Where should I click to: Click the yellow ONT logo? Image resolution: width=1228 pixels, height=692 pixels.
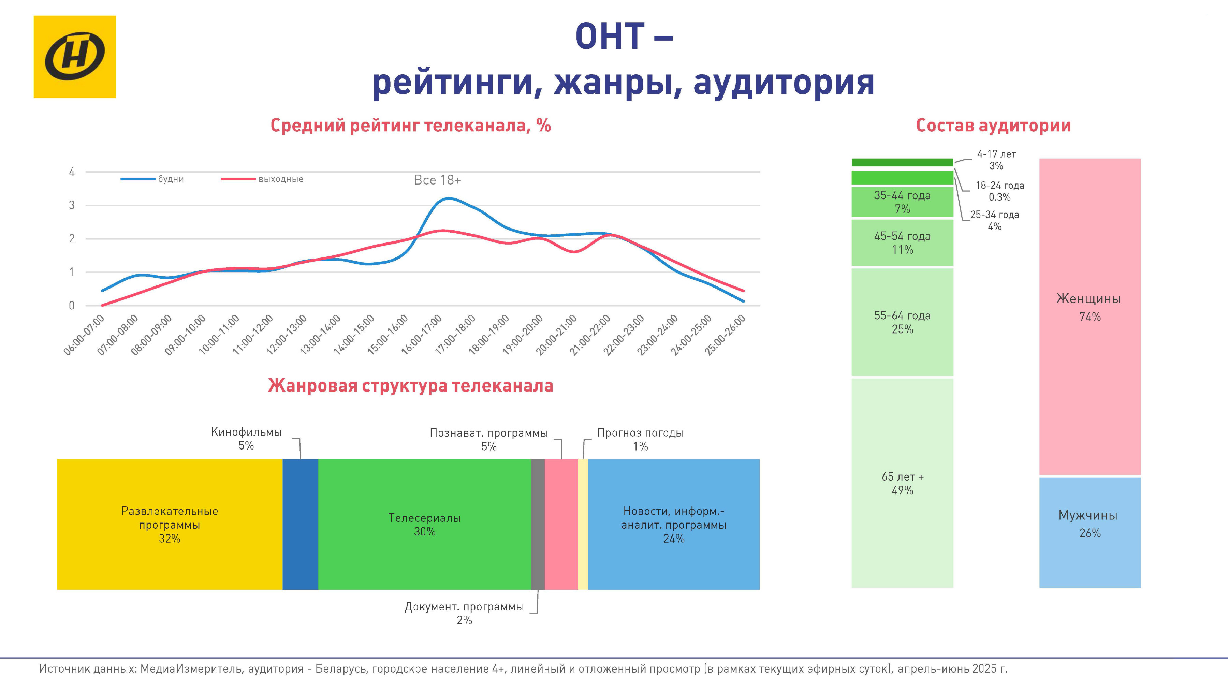tap(75, 57)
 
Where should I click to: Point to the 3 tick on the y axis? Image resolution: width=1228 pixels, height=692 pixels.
tap(72, 205)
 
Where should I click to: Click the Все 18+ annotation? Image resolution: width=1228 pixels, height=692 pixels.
tap(437, 180)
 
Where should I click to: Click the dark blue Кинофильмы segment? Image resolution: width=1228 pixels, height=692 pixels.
tap(300, 524)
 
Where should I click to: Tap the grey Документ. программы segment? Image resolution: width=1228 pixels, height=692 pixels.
tap(538, 524)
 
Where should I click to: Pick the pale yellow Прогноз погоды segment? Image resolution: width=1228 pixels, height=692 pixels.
tap(583, 524)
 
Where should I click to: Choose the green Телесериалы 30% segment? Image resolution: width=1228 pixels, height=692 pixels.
tap(424, 524)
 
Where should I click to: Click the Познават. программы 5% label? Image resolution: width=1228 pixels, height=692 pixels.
tap(488, 439)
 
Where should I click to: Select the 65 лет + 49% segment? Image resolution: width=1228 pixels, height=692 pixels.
tap(902, 483)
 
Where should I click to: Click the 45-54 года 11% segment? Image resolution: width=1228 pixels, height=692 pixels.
tap(902, 242)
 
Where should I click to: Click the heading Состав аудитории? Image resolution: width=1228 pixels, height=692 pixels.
tap(993, 126)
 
